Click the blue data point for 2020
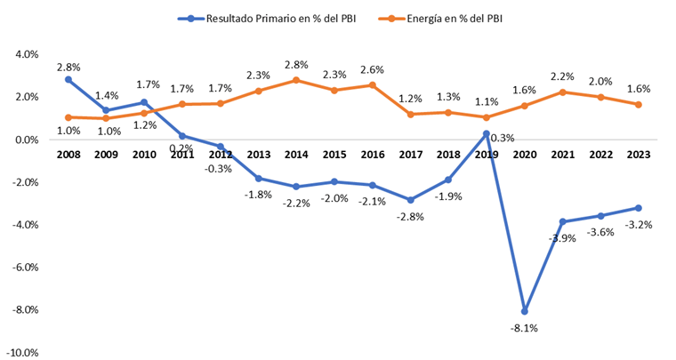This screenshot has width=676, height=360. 525,311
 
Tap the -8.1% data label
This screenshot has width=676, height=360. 525,328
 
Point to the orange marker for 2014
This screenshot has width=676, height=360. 295,80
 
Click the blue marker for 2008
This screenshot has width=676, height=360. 68,79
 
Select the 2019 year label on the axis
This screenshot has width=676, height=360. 486,154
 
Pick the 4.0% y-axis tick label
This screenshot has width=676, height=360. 26,54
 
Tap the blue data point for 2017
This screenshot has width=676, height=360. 410,200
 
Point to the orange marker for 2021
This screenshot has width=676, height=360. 562,92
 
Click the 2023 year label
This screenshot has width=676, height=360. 638,154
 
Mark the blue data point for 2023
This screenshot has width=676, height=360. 638,208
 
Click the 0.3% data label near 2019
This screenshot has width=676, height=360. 503,139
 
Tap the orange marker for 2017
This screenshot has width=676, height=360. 410,114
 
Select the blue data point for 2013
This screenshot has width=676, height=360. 258,179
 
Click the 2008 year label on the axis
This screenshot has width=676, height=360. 68,154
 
